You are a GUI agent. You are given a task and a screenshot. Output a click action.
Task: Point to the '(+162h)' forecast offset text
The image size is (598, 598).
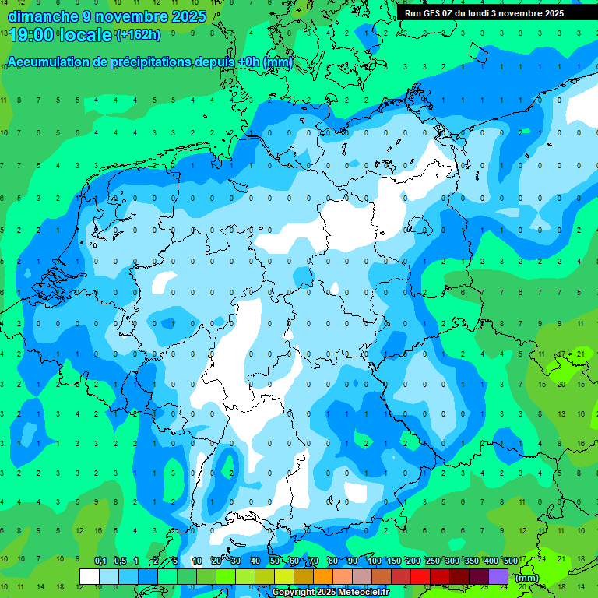(x=138, y=35)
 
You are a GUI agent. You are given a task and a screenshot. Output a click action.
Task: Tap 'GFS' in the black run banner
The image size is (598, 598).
(x=434, y=13)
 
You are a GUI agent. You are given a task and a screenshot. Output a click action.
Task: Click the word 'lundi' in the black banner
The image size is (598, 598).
(x=490, y=13)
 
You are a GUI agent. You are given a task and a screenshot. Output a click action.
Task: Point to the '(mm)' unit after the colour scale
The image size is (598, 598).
(x=526, y=578)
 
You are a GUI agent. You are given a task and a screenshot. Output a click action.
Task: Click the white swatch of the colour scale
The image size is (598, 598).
(x=90, y=576)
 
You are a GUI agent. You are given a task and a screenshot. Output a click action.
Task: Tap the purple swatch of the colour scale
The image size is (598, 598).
(x=498, y=576)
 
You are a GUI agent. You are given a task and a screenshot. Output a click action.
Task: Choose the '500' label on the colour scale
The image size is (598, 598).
(x=511, y=561)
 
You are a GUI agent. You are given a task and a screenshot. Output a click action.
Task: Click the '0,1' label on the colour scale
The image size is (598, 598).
(x=100, y=561)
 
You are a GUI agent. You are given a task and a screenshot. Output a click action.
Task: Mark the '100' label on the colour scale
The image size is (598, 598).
(x=375, y=561)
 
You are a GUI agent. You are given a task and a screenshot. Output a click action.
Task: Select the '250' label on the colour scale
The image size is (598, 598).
(x=433, y=561)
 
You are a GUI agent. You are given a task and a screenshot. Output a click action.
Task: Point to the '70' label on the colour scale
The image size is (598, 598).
(x=314, y=561)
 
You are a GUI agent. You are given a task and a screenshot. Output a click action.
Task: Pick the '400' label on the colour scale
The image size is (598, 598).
(x=491, y=561)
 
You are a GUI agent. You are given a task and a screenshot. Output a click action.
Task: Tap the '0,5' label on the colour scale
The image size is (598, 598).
(x=120, y=561)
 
